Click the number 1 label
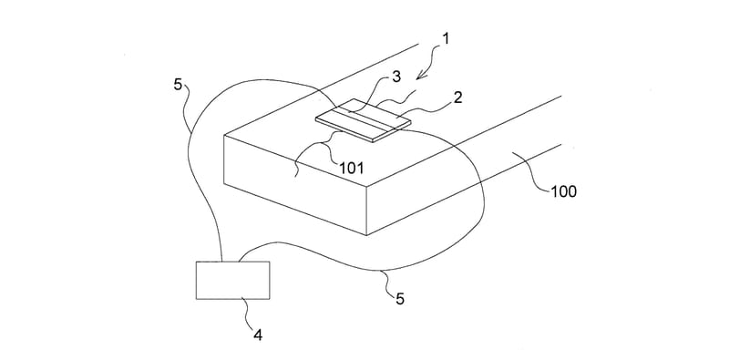[446, 39]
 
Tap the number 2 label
[458, 98]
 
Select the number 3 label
[396, 77]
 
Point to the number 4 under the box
[257, 334]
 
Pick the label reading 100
[563, 191]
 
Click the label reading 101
[352, 168]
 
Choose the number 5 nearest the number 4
[400, 299]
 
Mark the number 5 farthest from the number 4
[179, 86]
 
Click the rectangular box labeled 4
[232, 280]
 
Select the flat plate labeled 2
[363, 119]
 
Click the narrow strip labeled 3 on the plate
[363, 118]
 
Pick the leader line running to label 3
[370, 97]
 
